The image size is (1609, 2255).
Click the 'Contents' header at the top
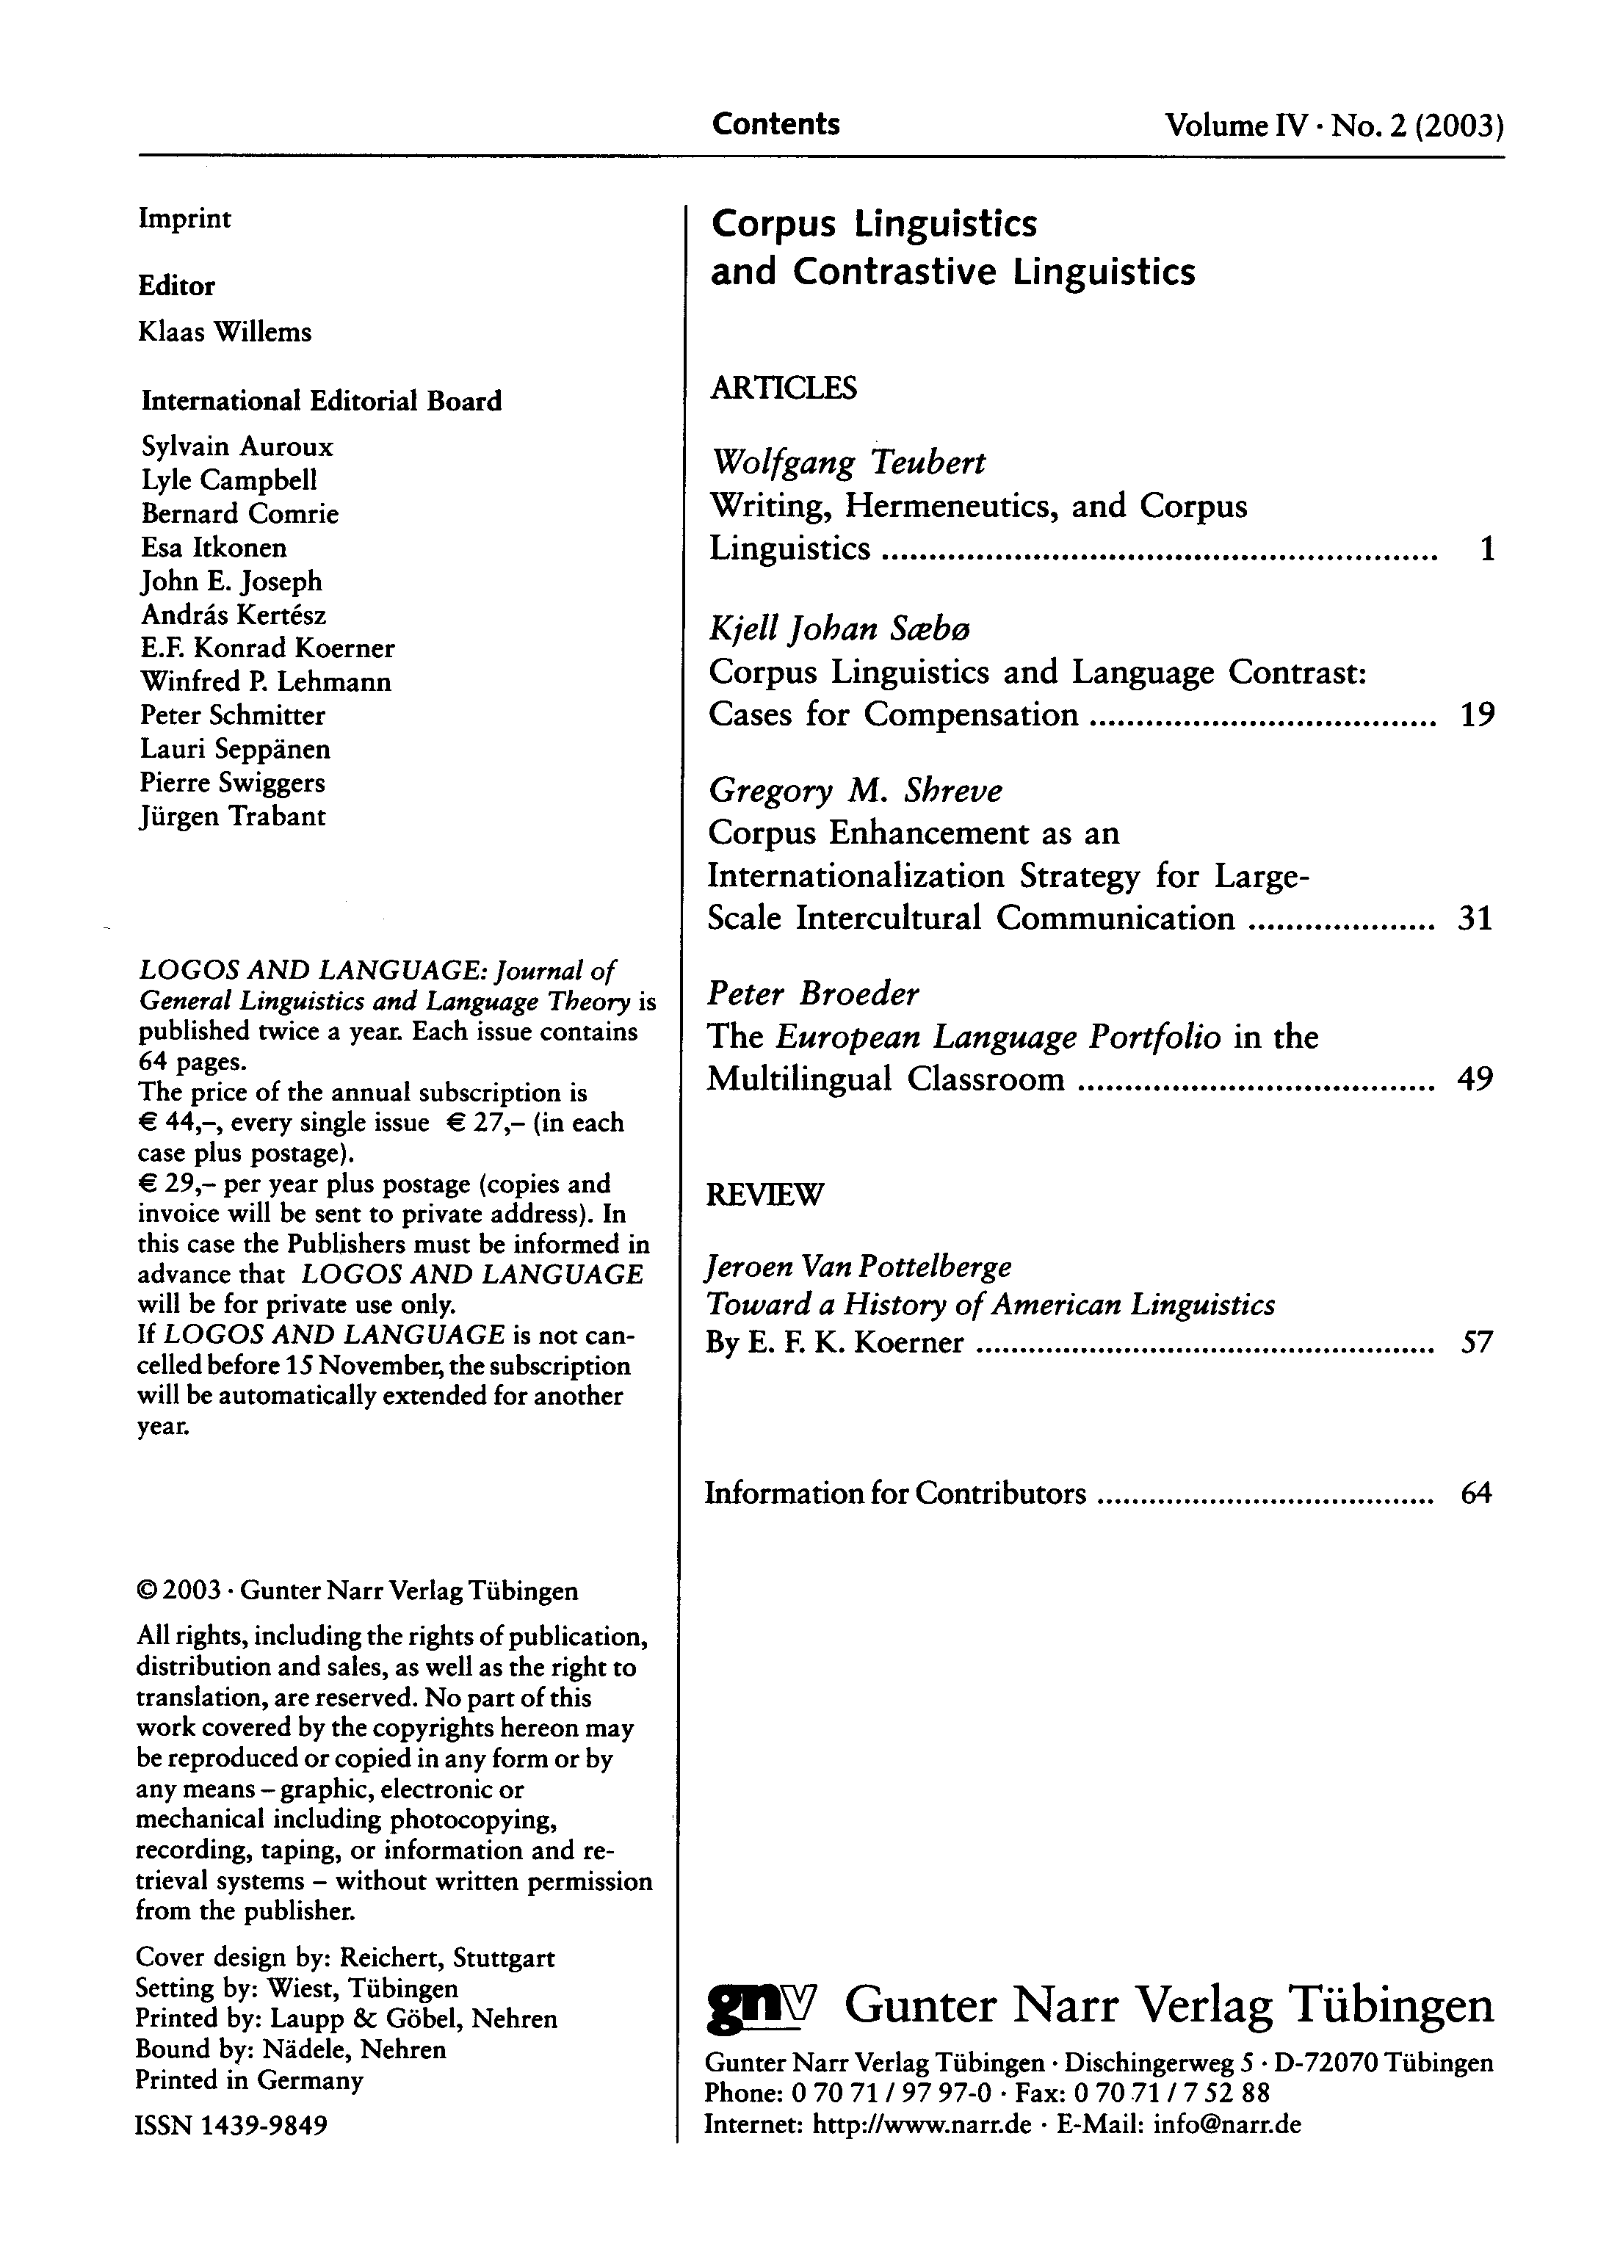pyautogui.click(x=775, y=124)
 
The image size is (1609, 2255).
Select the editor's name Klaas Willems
pyautogui.click(x=225, y=332)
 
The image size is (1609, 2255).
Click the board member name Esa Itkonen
pyautogui.click(x=214, y=548)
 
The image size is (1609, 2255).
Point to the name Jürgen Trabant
pyautogui.click(x=233, y=817)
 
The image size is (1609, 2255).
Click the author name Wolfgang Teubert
pyautogui.click(x=849, y=462)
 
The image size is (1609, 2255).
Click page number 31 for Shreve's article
pyautogui.click(x=1475, y=919)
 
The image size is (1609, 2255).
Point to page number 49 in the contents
pyautogui.click(x=1475, y=1078)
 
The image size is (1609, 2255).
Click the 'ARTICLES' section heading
pyautogui.click(x=783, y=388)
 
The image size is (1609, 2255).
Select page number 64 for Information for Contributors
pyautogui.click(x=1475, y=1493)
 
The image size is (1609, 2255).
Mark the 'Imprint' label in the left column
pyautogui.click(x=184, y=218)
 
